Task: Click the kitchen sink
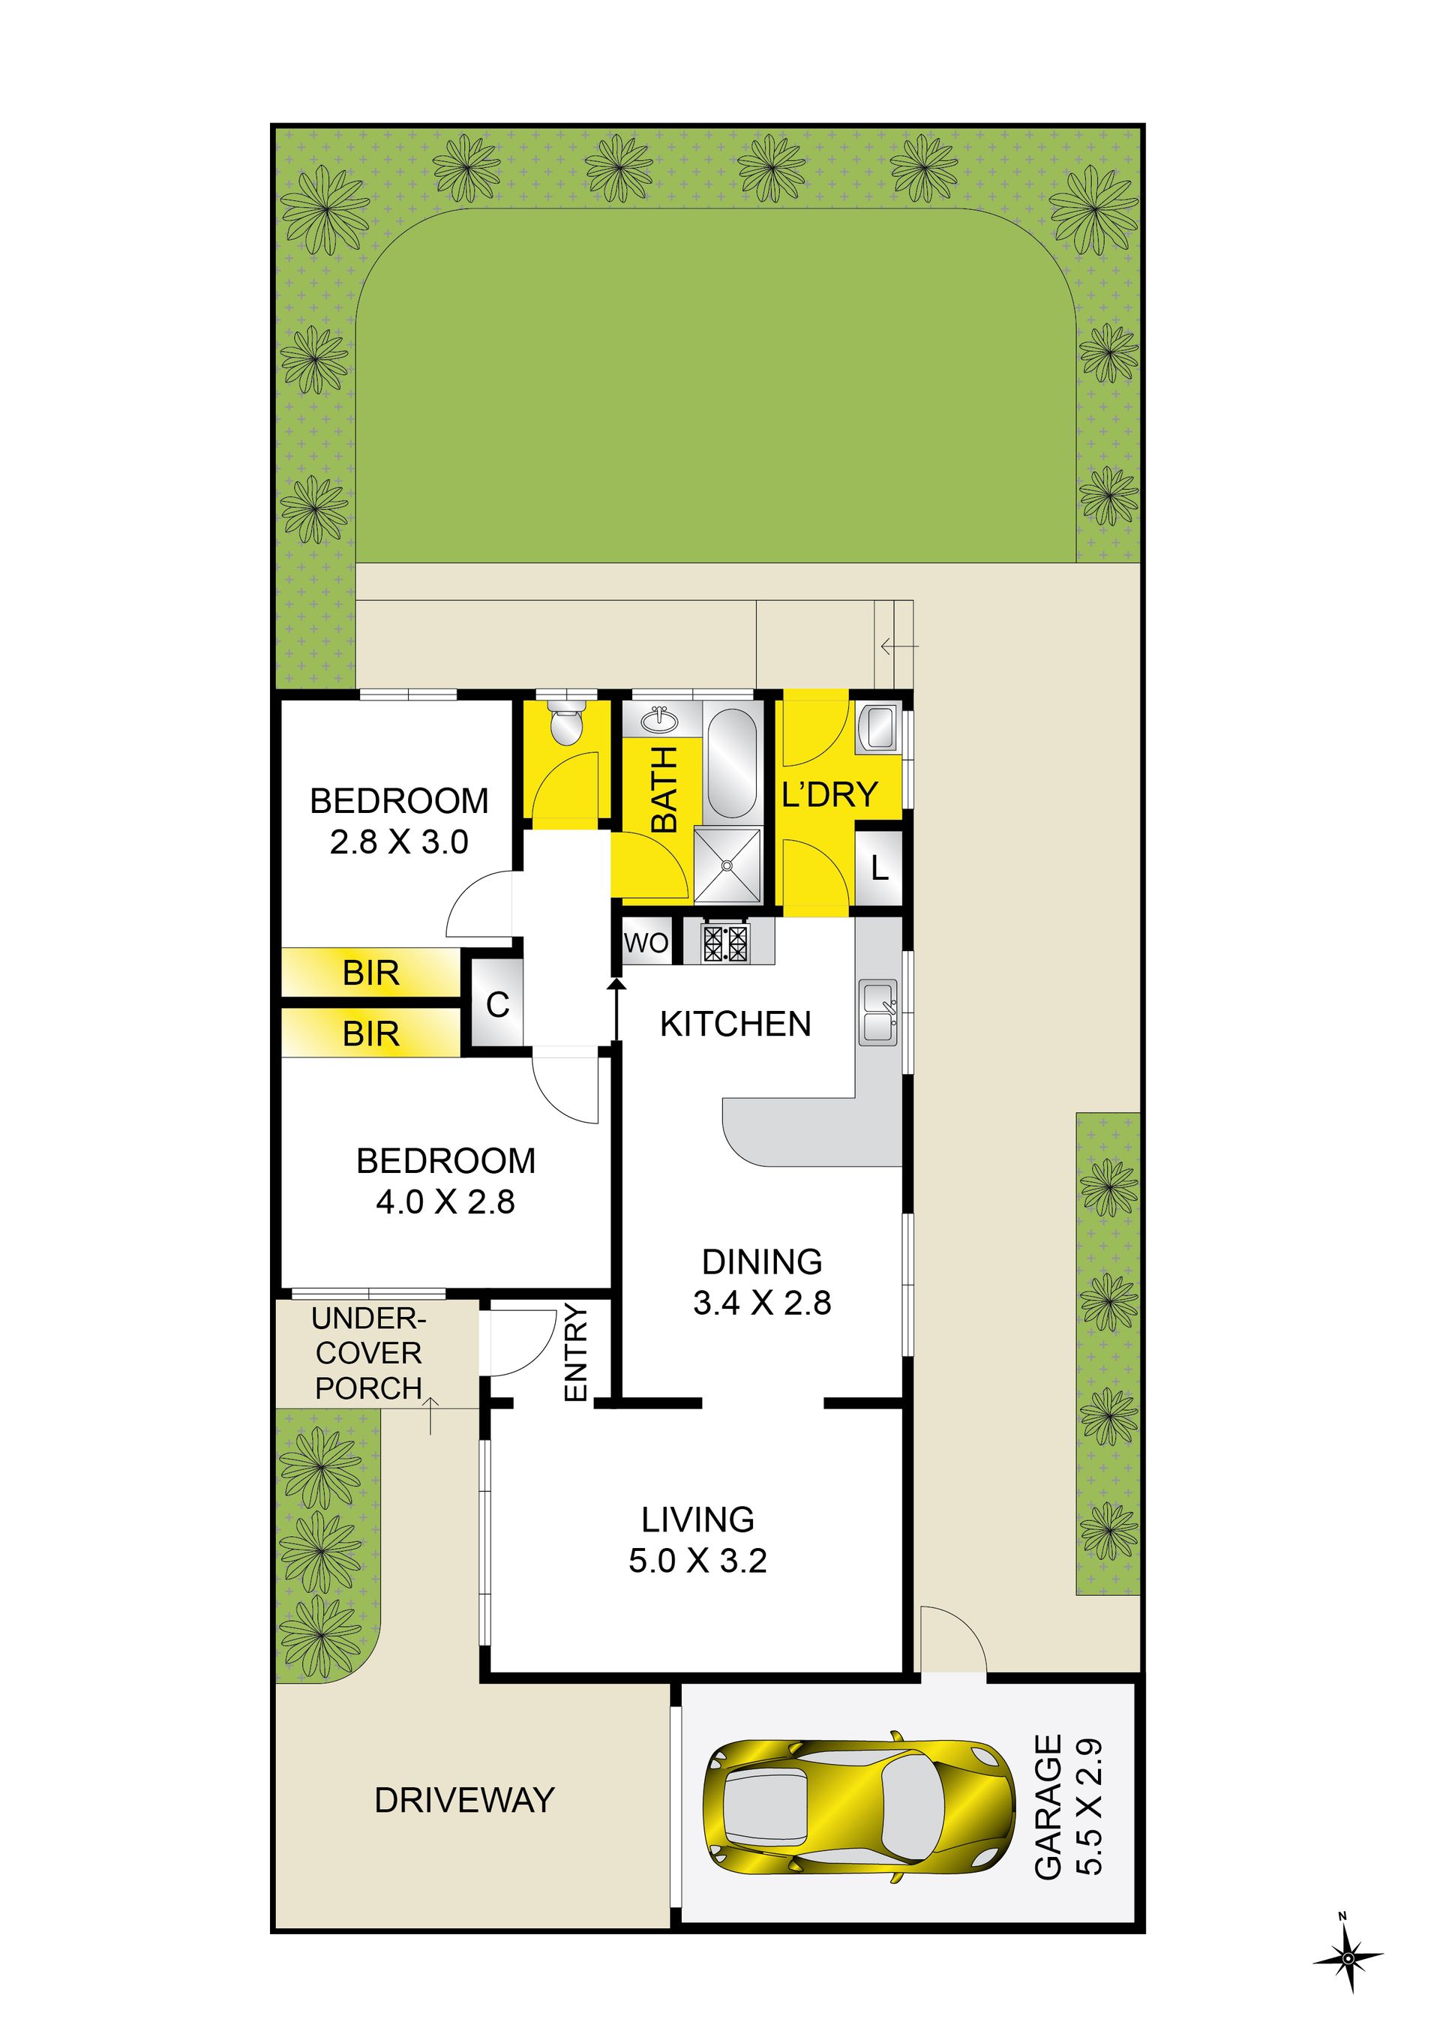click(x=878, y=1012)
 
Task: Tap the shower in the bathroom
click(x=727, y=865)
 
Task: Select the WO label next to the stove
click(x=646, y=942)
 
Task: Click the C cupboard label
click(x=498, y=1005)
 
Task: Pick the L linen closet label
click(x=879, y=868)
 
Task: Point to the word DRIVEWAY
click(x=464, y=1800)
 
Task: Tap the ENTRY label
click(x=576, y=1352)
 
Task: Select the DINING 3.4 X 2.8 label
click(x=762, y=1281)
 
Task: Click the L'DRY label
click(x=829, y=794)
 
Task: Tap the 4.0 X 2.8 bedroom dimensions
click(x=445, y=1202)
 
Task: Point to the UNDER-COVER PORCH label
click(x=369, y=1353)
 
